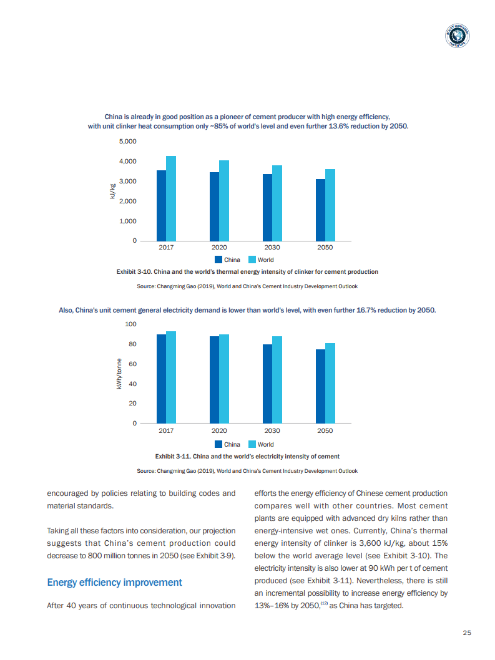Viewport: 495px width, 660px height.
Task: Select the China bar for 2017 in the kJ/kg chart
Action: (161, 205)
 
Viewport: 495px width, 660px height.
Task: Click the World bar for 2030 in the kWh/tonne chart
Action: (277, 380)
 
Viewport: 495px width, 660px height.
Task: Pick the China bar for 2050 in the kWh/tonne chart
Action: (320, 386)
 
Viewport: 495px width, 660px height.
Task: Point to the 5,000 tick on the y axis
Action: (127, 142)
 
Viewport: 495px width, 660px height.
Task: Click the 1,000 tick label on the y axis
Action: (127, 221)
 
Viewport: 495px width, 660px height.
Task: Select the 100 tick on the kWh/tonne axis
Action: (130, 324)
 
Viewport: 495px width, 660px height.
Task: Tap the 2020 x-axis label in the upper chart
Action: (218, 248)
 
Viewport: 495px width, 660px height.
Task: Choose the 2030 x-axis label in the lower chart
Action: (272, 430)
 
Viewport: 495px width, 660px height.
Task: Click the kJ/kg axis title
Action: (113, 191)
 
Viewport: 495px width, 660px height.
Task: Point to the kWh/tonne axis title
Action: (118, 374)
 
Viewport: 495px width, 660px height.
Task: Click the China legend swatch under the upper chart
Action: (218, 260)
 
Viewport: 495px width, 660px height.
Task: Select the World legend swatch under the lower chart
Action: (252, 444)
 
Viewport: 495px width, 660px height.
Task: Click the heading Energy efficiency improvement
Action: (114, 582)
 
